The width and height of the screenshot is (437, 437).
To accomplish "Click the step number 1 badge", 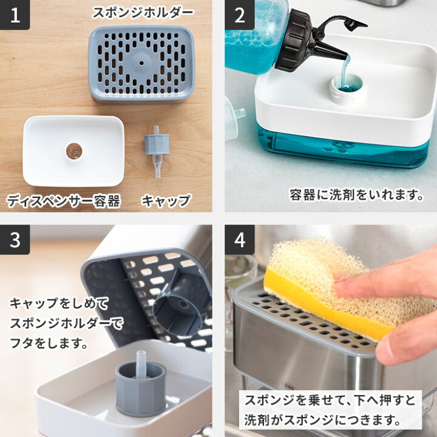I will coord(15,15).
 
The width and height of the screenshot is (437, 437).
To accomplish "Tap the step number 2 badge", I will coord(239,15).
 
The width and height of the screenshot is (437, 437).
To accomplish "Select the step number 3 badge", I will coord(15,240).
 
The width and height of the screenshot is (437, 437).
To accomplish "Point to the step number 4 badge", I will coord(239,240).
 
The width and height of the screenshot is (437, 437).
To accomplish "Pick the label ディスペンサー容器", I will coord(64,200).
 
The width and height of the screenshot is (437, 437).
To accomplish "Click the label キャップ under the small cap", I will coord(166,200).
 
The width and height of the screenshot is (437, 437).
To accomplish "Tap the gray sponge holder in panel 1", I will coord(141,63).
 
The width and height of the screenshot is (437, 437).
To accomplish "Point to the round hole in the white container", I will coord(74,151).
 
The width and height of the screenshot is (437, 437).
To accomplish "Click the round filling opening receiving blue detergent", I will coord(347,87).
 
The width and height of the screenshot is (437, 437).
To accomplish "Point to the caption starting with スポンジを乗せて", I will coord(330,409).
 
